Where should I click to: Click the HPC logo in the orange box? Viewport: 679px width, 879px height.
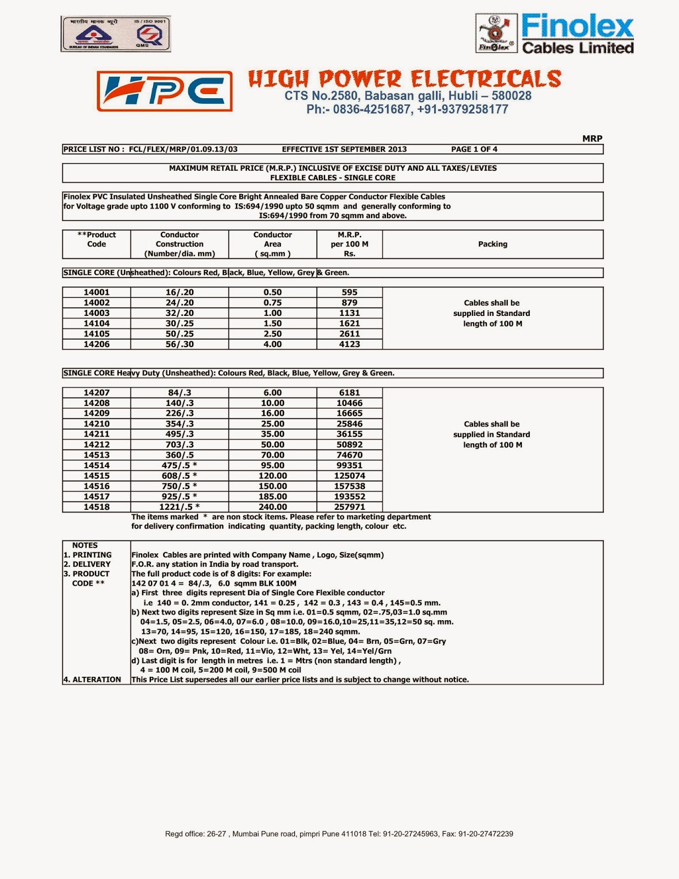165,91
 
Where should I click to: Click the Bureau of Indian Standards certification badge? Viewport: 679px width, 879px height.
116,34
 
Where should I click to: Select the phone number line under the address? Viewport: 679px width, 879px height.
407,109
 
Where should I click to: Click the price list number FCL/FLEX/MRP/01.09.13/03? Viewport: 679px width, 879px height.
183,149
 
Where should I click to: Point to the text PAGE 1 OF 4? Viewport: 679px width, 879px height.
474,149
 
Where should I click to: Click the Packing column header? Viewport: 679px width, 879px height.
492,244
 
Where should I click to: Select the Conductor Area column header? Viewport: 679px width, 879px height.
272,244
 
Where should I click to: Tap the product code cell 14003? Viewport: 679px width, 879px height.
97,313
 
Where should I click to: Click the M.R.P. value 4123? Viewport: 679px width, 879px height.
349,344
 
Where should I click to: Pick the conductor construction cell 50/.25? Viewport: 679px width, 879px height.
179,334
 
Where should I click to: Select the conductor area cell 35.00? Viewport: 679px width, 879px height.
272,434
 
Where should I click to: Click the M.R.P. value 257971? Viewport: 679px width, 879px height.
349,507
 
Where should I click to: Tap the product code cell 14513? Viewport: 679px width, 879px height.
97,455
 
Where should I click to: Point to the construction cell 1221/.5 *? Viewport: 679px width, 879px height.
179,507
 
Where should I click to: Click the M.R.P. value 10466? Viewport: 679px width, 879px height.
349,403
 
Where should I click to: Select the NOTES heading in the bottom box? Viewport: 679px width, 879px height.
85,546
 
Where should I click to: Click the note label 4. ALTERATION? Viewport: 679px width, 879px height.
92,680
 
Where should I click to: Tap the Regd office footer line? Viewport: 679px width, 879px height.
339,834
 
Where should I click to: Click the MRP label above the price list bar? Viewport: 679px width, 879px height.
592,139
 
